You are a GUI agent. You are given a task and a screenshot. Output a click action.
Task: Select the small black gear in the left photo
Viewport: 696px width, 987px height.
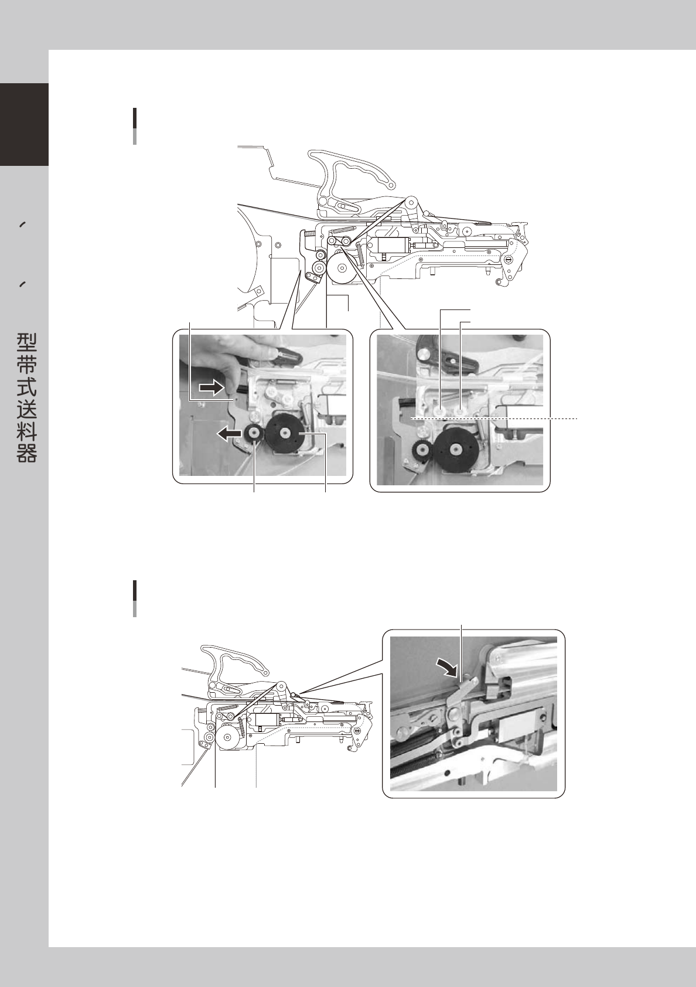pyautogui.click(x=255, y=434)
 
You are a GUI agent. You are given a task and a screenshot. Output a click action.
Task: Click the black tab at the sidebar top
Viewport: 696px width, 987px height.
pyautogui.click(x=24, y=125)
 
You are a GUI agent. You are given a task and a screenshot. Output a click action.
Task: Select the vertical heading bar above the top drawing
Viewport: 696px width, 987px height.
pyautogui.click(x=135, y=126)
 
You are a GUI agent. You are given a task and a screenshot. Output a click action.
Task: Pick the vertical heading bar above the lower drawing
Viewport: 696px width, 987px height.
pyautogui.click(x=135, y=598)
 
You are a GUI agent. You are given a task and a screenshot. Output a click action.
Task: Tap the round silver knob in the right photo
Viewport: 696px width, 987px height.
pyautogui.click(x=424, y=354)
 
